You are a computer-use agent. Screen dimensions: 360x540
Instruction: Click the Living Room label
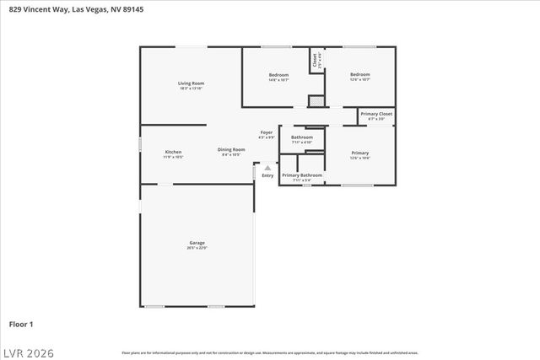tap(191, 83)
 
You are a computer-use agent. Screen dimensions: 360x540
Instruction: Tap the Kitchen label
tap(173, 152)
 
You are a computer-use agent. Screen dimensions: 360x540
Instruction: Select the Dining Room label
tap(231, 150)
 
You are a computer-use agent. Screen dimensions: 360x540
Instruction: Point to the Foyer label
tap(266, 132)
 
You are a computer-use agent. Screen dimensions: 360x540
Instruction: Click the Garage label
tap(196, 243)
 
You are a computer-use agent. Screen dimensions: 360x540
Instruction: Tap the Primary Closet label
tap(376, 114)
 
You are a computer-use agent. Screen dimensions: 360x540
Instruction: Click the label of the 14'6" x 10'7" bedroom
tap(278, 75)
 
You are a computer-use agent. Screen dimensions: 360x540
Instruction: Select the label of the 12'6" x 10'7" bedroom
tap(360, 75)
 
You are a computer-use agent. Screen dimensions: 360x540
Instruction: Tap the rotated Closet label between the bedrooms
tap(316, 60)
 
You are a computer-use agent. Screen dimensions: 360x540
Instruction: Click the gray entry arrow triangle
tap(267, 168)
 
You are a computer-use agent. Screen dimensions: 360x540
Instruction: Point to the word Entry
tap(267, 175)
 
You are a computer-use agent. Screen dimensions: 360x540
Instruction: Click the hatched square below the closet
tap(316, 101)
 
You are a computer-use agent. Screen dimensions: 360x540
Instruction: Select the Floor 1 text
tap(21, 324)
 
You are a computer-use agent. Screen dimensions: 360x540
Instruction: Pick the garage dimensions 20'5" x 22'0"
tap(196, 248)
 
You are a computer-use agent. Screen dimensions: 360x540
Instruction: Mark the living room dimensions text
tap(191, 88)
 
